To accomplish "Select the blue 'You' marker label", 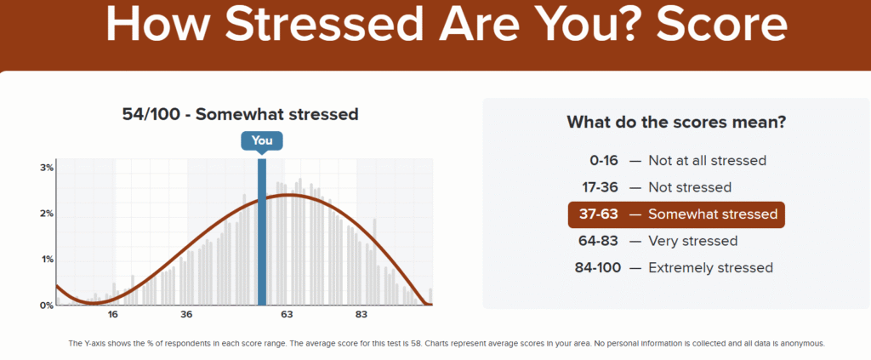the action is coord(262,141).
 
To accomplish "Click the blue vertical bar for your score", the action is coord(262,232).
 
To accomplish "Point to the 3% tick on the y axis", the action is coord(48,168).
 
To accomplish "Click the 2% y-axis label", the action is coord(48,214).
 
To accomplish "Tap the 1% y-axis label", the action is coord(48,260).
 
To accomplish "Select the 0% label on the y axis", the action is coord(48,305).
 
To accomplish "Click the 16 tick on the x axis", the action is coord(113,315).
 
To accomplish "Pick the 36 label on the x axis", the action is coord(186,315).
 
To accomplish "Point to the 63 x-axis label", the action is coord(287,315).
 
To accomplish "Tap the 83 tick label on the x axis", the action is coord(361,315).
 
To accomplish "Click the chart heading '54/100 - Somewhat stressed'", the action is coord(240,114).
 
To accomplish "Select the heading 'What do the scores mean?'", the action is coord(676,123).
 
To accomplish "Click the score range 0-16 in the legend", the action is coord(605,161).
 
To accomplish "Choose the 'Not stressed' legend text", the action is coord(690,187).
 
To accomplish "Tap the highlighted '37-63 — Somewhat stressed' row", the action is coord(676,214).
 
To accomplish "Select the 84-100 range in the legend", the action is coord(598,268).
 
